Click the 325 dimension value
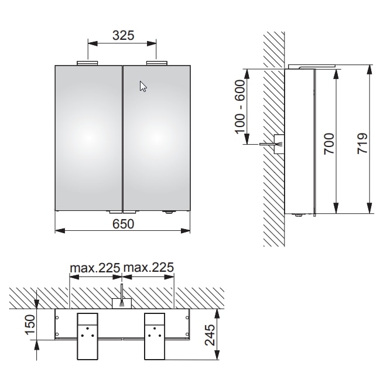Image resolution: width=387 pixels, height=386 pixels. [123, 35]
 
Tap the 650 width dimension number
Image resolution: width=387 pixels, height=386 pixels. [123, 224]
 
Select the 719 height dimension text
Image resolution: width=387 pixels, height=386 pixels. [362, 144]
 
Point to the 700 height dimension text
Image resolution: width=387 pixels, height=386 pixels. [329, 144]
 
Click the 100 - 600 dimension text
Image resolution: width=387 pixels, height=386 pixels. [240, 107]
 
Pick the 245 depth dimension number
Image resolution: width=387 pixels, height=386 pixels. [210, 335]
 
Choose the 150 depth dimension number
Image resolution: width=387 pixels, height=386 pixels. [30, 324]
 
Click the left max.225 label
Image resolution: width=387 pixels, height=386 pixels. [95, 268]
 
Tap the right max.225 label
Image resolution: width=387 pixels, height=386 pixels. [149, 268]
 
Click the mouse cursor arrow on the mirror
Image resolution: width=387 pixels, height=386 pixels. [143, 86]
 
